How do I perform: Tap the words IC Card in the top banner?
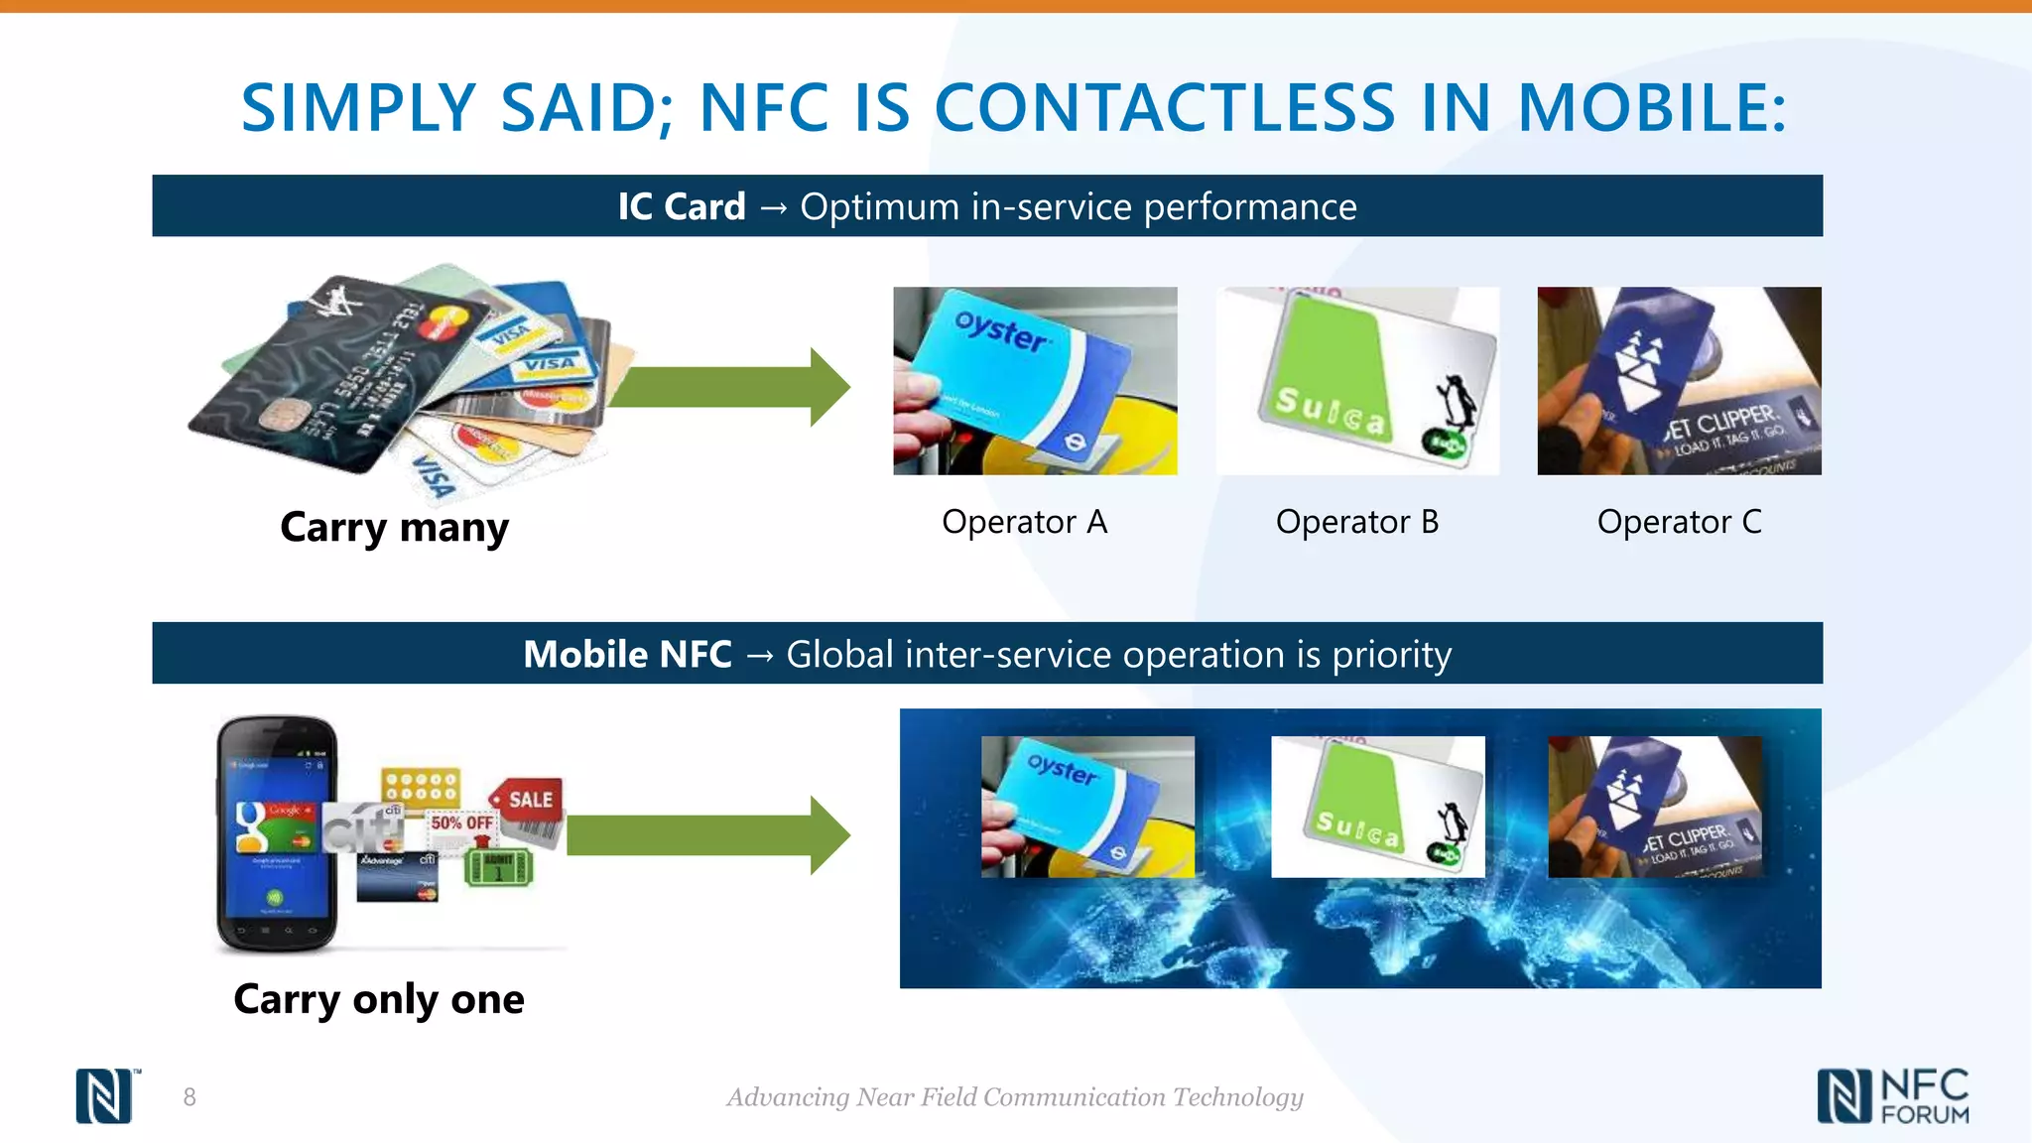coord(681,206)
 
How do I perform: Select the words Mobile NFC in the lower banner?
coord(627,655)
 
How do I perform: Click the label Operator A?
coord(1024,522)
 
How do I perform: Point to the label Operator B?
coord(1356,522)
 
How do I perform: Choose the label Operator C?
coord(1679,522)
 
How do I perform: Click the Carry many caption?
coord(394,527)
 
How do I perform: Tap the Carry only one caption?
coord(378,999)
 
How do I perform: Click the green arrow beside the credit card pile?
coord(730,387)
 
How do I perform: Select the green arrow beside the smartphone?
coord(708,834)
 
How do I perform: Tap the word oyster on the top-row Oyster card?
coord(1000,330)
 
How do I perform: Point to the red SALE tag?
coord(528,800)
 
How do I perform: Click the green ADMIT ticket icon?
coord(498,868)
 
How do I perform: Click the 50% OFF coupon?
coord(461,824)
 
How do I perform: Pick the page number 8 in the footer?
coord(190,1097)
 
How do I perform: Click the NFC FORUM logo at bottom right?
coord(1893,1096)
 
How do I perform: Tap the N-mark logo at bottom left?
coord(104,1096)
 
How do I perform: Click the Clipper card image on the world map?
coord(1654,806)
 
